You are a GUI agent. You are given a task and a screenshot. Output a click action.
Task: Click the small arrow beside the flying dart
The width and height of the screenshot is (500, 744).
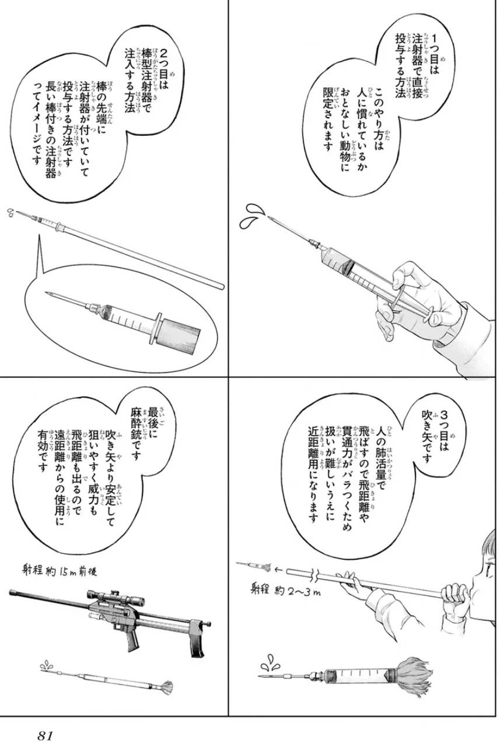[279, 570]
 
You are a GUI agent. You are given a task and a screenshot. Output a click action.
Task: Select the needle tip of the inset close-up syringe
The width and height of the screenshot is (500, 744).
[47, 293]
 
